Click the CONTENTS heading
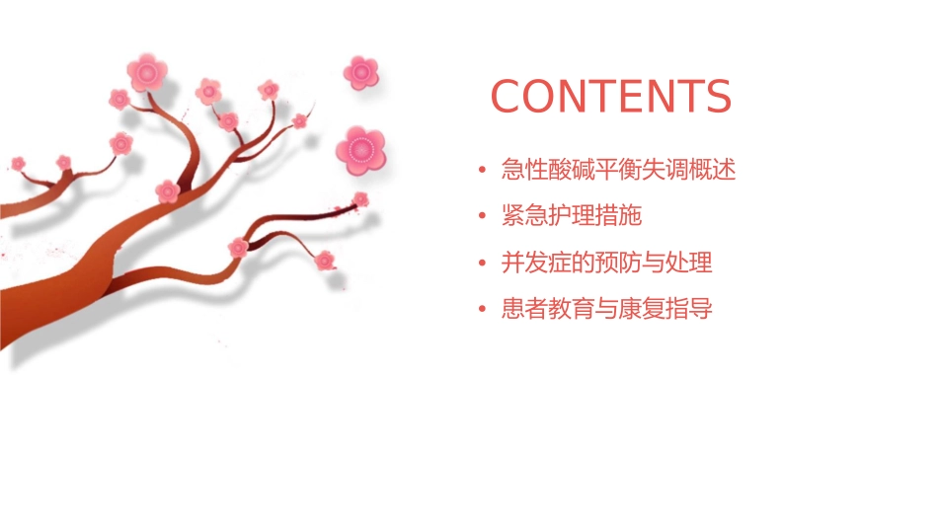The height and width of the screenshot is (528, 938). [x=611, y=97]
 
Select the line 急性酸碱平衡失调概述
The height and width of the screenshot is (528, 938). [x=618, y=170]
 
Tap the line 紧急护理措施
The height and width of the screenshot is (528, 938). [x=572, y=216]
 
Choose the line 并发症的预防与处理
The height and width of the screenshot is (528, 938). [x=606, y=263]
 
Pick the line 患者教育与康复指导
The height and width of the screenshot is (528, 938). [x=606, y=309]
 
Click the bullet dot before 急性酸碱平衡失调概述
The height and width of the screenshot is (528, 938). [x=481, y=171]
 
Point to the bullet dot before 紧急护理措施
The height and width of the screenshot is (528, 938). [x=481, y=217]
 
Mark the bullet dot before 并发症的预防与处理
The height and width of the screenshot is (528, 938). [x=481, y=264]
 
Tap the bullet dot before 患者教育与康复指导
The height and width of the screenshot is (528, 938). [x=481, y=310]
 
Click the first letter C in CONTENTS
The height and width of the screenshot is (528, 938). [x=507, y=97]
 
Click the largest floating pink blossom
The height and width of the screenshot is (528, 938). [x=359, y=150]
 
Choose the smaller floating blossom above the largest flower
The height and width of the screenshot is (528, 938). [x=361, y=71]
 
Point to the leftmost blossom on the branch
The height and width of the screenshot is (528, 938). [x=18, y=163]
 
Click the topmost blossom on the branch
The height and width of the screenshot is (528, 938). [x=147, y=72]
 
